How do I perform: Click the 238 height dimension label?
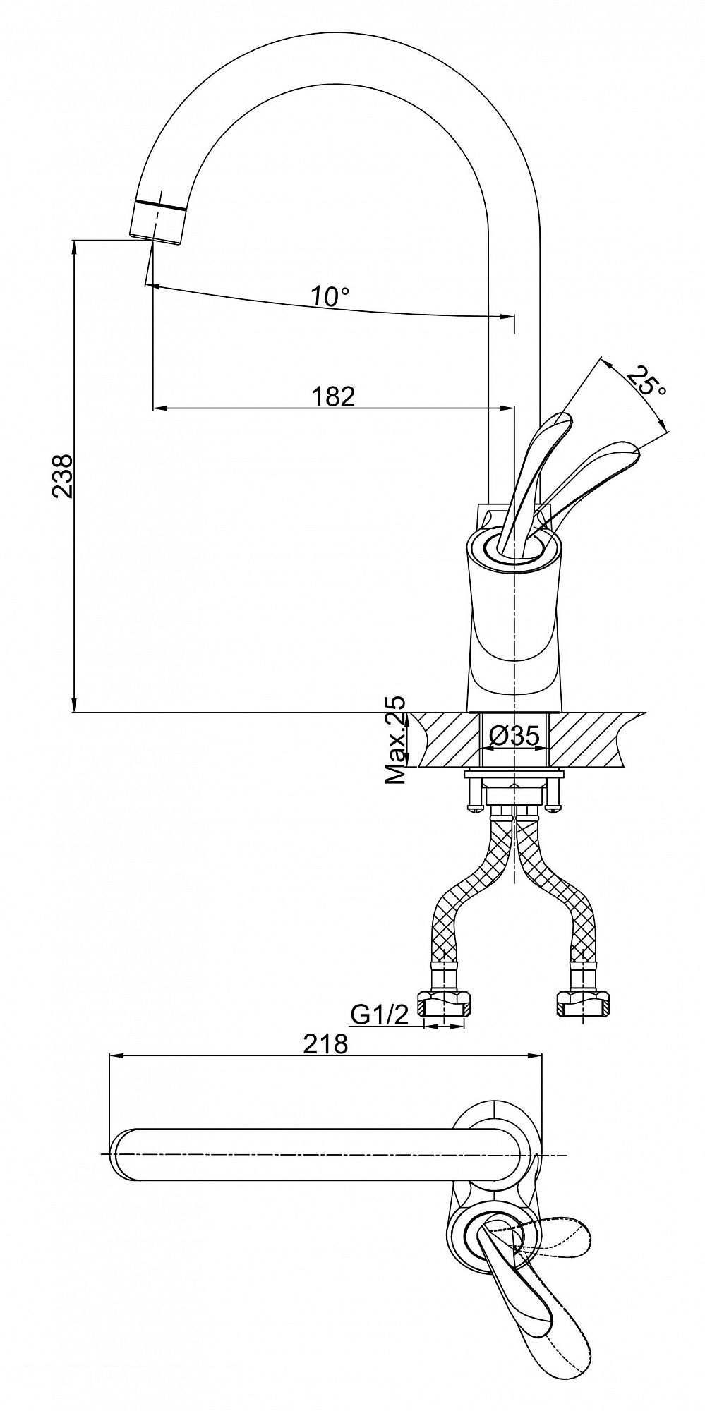click(x=62, y=476)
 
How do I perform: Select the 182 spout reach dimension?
click(x=333, y=396)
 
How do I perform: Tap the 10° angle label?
click(x=331, y=296)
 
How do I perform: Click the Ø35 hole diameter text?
click(x=515, y=736)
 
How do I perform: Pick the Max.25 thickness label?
click(x=396, y=741)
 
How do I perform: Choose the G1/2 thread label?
click(x=380, y=1015)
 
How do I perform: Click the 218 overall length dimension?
click(x=325, y=1043)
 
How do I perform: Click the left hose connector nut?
click(x=445, y=1003)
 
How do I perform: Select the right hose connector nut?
click(x=582, y=1003)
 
